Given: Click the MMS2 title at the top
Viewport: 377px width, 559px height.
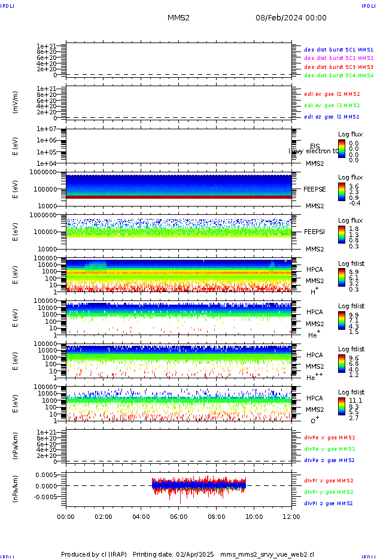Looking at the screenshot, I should [178, 18].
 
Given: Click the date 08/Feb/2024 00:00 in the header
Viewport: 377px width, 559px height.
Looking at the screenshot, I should [291, 18].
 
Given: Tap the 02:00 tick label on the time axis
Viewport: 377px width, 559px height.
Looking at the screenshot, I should [104, 516].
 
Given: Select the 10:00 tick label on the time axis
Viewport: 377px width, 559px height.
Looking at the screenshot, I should [254, 516].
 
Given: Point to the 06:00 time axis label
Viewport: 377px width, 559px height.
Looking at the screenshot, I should [179, 516].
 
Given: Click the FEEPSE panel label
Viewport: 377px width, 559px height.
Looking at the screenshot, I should [314, 189].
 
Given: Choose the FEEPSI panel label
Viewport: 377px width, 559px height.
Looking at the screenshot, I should [314, 231].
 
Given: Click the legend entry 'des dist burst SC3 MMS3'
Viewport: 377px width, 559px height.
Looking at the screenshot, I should [339, 67].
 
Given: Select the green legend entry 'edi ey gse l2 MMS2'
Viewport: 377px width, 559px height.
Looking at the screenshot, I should [332, 105].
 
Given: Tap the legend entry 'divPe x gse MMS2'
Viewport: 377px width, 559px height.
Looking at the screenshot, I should [330, 438].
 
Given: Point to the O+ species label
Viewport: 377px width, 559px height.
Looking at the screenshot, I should [314, 421].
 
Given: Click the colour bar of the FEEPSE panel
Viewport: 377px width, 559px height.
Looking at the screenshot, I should [341, 192].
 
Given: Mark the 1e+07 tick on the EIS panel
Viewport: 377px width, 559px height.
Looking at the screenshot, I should [46, 129].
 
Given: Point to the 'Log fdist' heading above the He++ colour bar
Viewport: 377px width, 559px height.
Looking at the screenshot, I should [351, 350].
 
